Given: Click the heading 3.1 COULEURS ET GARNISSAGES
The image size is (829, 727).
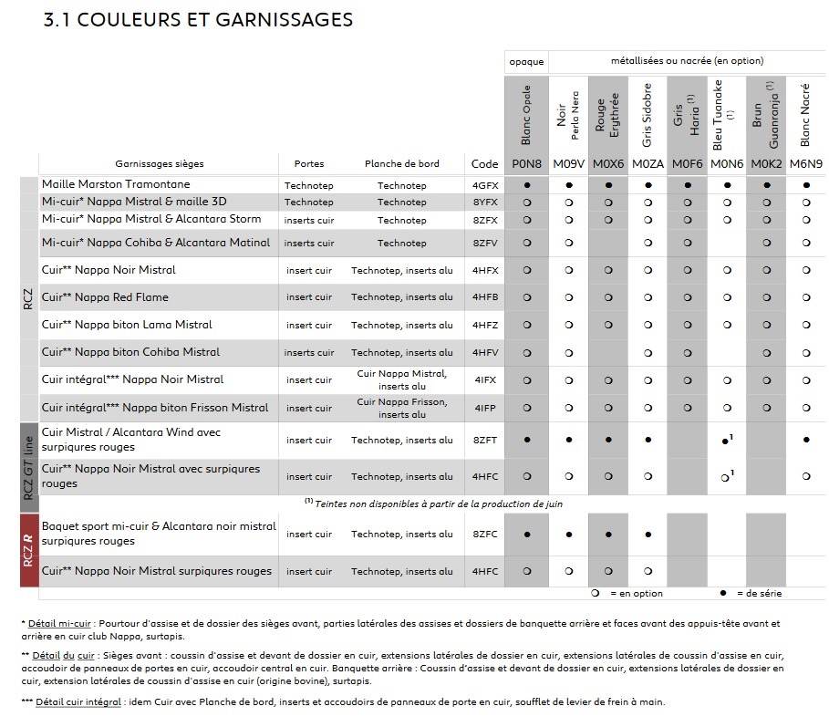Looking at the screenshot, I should tap(198, 20).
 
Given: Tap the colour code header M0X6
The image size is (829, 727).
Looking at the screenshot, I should tap(607, 164).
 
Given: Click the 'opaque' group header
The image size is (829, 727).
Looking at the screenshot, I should tap(527, 62).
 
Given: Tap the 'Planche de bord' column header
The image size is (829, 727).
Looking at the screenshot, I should tap(401, 164).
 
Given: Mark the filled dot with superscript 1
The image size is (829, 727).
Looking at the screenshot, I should tap(727, 441).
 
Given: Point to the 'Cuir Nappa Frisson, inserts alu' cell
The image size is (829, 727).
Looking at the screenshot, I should tap(401, 408).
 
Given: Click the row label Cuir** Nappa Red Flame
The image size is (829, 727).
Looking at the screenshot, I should tap(105, 297).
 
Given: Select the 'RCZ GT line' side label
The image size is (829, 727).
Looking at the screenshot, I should tap(28, 467).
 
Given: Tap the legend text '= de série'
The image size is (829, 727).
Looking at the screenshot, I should tap(757, 593).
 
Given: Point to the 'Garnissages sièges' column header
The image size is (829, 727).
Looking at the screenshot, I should tap(160, 164).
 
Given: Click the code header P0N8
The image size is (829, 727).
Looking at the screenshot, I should tap(527, 164).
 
